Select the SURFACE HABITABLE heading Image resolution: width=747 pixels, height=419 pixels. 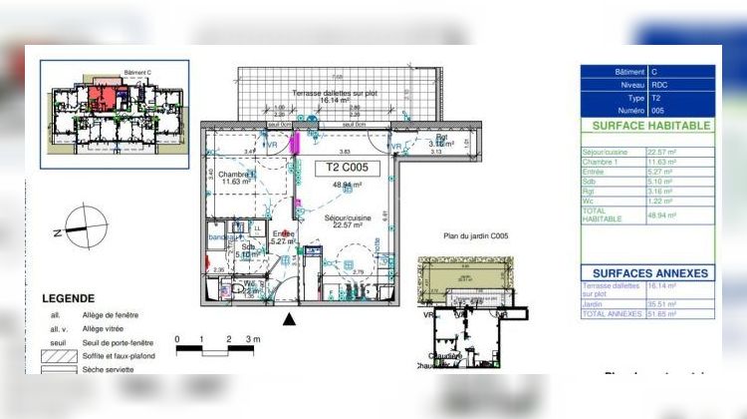pyautogui.click(x=651, y=127)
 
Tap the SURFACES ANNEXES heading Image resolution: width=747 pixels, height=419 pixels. pyautogui.click(x=650, y=272)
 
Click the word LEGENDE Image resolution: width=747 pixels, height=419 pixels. pyautogui.click(x=68, y=297)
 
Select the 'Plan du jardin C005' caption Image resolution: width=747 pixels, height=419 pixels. pyautogui.click(x=476, y=236)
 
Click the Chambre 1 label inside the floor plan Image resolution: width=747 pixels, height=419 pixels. pyautogui.click(x=237, y=177)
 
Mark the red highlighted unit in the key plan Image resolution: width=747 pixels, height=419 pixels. pyautogui.click(x=104, y=98)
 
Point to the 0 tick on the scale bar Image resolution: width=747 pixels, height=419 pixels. pyautogui.click(x=177, y=340)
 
